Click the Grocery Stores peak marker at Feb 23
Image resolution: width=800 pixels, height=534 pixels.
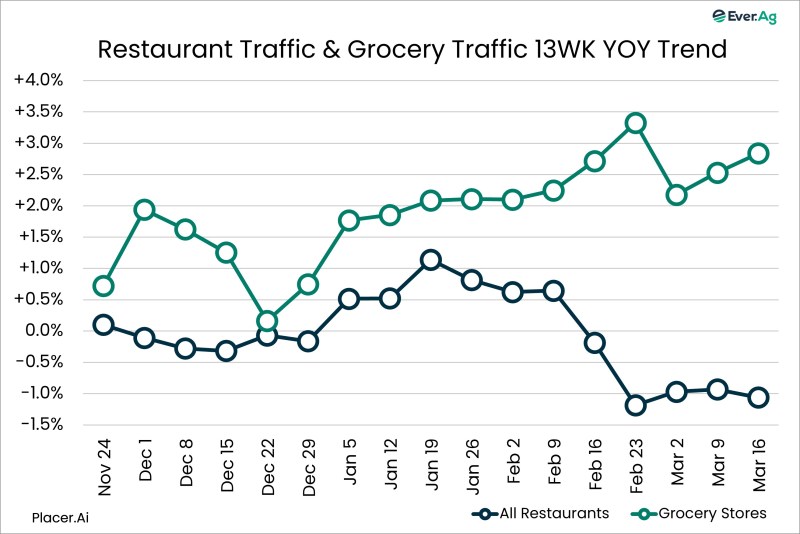pos(635,123)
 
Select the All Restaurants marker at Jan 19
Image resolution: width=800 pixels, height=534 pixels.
pos(430,260)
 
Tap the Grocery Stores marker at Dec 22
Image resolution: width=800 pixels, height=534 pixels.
pos(267,321)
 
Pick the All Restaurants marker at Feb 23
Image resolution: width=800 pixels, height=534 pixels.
pos(635,405)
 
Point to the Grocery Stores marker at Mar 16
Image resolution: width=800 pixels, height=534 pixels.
pos(758,154)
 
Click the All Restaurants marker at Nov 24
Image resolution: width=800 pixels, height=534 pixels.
pos(103,325)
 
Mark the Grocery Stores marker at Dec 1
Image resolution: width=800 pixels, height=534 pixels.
pos(144,210)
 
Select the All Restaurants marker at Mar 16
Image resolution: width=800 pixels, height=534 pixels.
pos(758,397)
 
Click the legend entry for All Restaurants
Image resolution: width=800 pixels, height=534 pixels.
pos(540,513)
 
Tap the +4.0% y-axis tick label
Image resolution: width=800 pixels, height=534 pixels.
pos(39,80)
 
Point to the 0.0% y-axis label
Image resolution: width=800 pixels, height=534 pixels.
pos(43,331)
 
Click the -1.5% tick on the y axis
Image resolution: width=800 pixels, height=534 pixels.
pos(40,425)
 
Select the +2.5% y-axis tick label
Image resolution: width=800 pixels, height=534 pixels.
pos(39,174)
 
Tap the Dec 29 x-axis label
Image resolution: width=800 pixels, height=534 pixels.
pos(308,465)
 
